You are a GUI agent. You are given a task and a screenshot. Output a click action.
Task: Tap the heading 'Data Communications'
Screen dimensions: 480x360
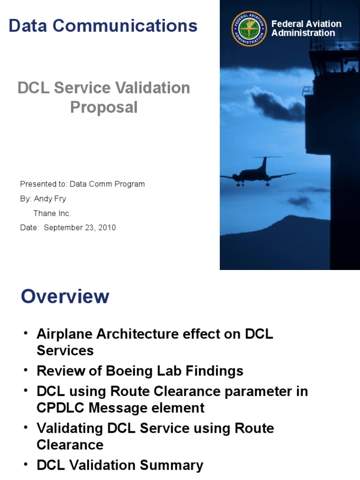[103, 26]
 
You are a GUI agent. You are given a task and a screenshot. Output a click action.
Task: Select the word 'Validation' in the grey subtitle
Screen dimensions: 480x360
[157, 88]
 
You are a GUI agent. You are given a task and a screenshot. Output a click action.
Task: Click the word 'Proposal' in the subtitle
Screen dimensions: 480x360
[104, 107]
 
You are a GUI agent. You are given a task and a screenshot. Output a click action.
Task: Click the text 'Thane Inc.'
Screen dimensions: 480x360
[52, 213]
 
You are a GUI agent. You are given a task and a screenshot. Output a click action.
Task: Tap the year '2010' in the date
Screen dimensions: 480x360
[107, 228]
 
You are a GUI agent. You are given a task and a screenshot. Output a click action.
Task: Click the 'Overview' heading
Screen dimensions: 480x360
[65, 296]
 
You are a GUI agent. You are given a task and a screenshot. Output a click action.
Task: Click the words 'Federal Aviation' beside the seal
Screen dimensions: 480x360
[307, 24]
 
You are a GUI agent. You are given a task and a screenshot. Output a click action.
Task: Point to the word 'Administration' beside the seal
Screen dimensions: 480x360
[303, 33]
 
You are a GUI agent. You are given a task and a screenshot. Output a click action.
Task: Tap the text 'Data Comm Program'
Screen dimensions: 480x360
[107, 184]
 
